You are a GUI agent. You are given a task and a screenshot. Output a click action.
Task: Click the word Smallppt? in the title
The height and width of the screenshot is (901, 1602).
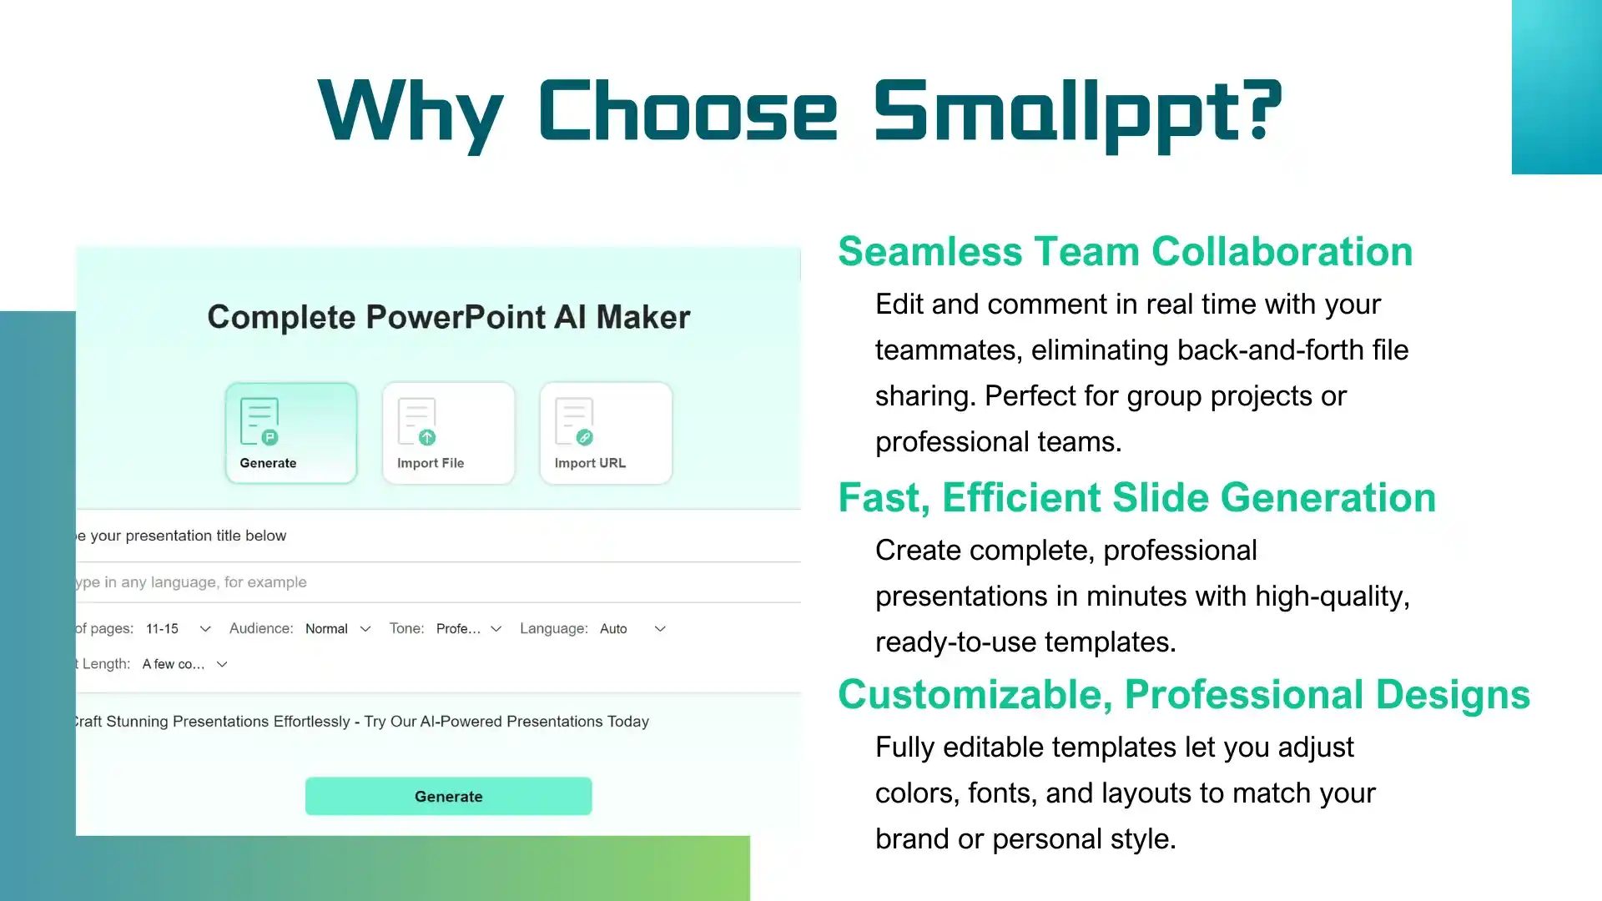pyautogui.click(x=1077, y=111)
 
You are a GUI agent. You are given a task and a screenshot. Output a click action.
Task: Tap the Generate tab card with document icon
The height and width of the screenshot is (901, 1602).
pyautogui.click(x=291, y=433)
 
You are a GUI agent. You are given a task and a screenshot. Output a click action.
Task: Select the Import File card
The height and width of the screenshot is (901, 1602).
pyautogui.click(x=448, y=433)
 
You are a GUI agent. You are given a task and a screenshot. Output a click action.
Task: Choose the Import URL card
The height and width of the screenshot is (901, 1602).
pyautogui.click(x=606, y=433)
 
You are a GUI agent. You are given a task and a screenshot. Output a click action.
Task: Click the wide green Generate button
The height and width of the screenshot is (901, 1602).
pyautogui.click(x=448, y=796)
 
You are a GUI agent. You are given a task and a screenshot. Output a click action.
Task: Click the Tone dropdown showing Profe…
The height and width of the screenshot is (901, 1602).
pyautogui.click(x=468, y=629)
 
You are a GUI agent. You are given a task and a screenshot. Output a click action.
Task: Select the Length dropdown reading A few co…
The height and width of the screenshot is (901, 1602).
pyautogui.click(x=184, y=665)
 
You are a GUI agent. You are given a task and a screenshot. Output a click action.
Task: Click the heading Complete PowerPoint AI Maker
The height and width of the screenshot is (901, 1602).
pyautogui.click(x=448, y=317)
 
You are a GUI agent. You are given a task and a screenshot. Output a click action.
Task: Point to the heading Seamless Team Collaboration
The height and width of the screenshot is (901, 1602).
pyautogui.click(x=1125, y=251)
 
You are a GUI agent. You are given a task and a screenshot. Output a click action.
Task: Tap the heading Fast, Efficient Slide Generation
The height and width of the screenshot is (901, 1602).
pyautogui.click(x=1136, y=497)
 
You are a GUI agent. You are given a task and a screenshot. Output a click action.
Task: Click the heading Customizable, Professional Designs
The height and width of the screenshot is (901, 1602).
pyautogui.click(x=1183, y=694)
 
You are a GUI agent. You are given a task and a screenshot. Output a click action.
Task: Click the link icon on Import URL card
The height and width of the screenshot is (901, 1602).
pyautogui.click(x=585, y=437)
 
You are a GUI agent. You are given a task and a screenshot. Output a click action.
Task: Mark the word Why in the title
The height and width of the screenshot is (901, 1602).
pyautogui.click(x=411, y=111)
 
